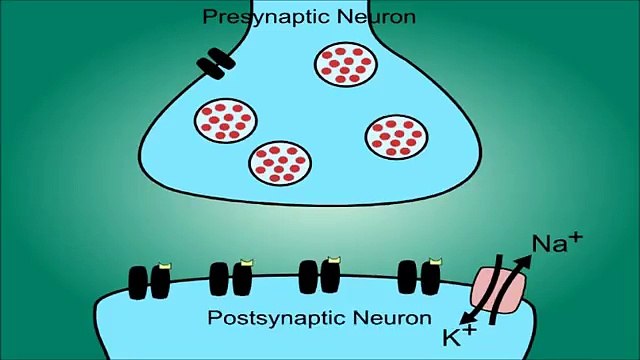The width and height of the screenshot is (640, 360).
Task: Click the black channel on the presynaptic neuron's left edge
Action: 213,65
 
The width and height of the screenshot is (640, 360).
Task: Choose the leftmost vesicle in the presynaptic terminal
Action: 224,119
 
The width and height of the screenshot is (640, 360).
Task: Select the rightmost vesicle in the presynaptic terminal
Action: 391,135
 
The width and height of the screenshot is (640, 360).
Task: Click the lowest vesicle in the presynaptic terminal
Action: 280,161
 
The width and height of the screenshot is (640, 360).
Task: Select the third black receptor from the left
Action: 321,276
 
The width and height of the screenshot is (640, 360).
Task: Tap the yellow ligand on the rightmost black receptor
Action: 432,262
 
